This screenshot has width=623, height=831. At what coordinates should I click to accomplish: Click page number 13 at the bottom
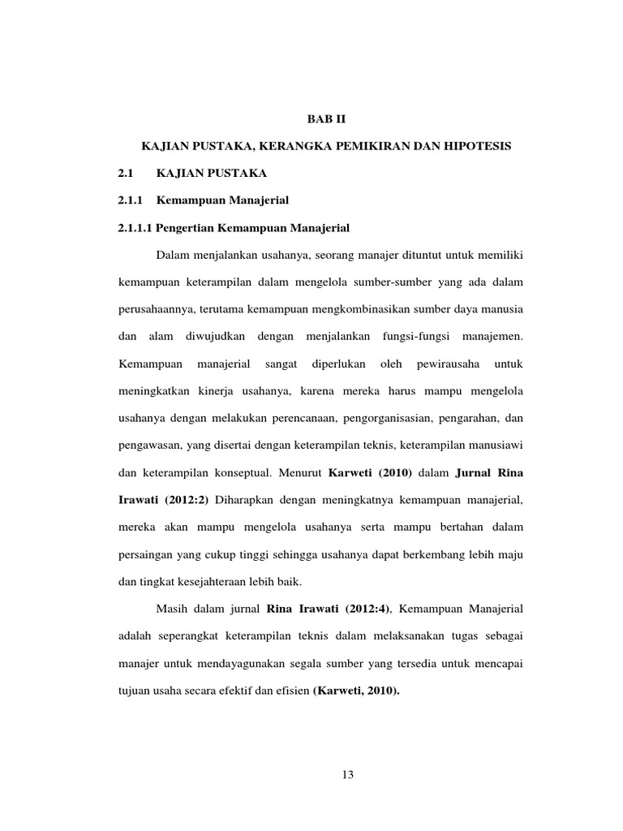347,775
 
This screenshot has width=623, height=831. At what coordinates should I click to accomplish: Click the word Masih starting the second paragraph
171,609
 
